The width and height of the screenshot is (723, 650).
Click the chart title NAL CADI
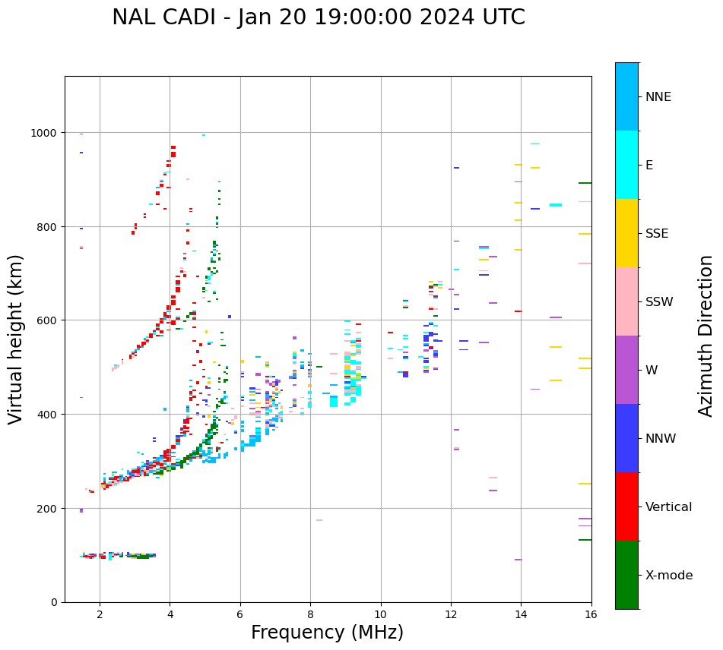click(318, 17)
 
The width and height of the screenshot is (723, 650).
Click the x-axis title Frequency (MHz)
click(327, 633)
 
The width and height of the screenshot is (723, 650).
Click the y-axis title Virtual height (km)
click(16, 339)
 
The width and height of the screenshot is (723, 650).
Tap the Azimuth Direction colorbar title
click(706, 336)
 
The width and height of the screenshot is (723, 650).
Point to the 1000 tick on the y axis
click(48, 133)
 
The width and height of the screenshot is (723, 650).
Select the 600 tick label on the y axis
click(48, 320)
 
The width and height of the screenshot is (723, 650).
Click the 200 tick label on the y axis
click(48, 509)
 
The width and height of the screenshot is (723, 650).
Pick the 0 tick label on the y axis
click(55, 602)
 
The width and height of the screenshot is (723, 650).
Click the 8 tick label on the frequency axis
click(310, 615)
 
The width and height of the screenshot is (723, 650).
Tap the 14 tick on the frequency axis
click(521, 615)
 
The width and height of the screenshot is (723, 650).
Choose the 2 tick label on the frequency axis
click(100, 615)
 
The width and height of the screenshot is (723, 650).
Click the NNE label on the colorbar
click(658, 96)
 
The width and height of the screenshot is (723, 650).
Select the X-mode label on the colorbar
click(669, 576)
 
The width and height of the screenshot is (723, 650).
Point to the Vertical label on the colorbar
click(669, 507)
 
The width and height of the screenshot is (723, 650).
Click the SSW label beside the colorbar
click(659, 301)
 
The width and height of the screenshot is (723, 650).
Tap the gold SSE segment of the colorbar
click(626, 233)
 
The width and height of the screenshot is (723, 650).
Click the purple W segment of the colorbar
click(626, 370)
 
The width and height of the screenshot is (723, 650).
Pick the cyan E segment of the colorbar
click(626, 165)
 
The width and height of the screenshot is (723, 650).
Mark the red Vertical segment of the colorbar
click(626, 506)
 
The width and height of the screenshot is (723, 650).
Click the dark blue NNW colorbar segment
click(626, 438)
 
